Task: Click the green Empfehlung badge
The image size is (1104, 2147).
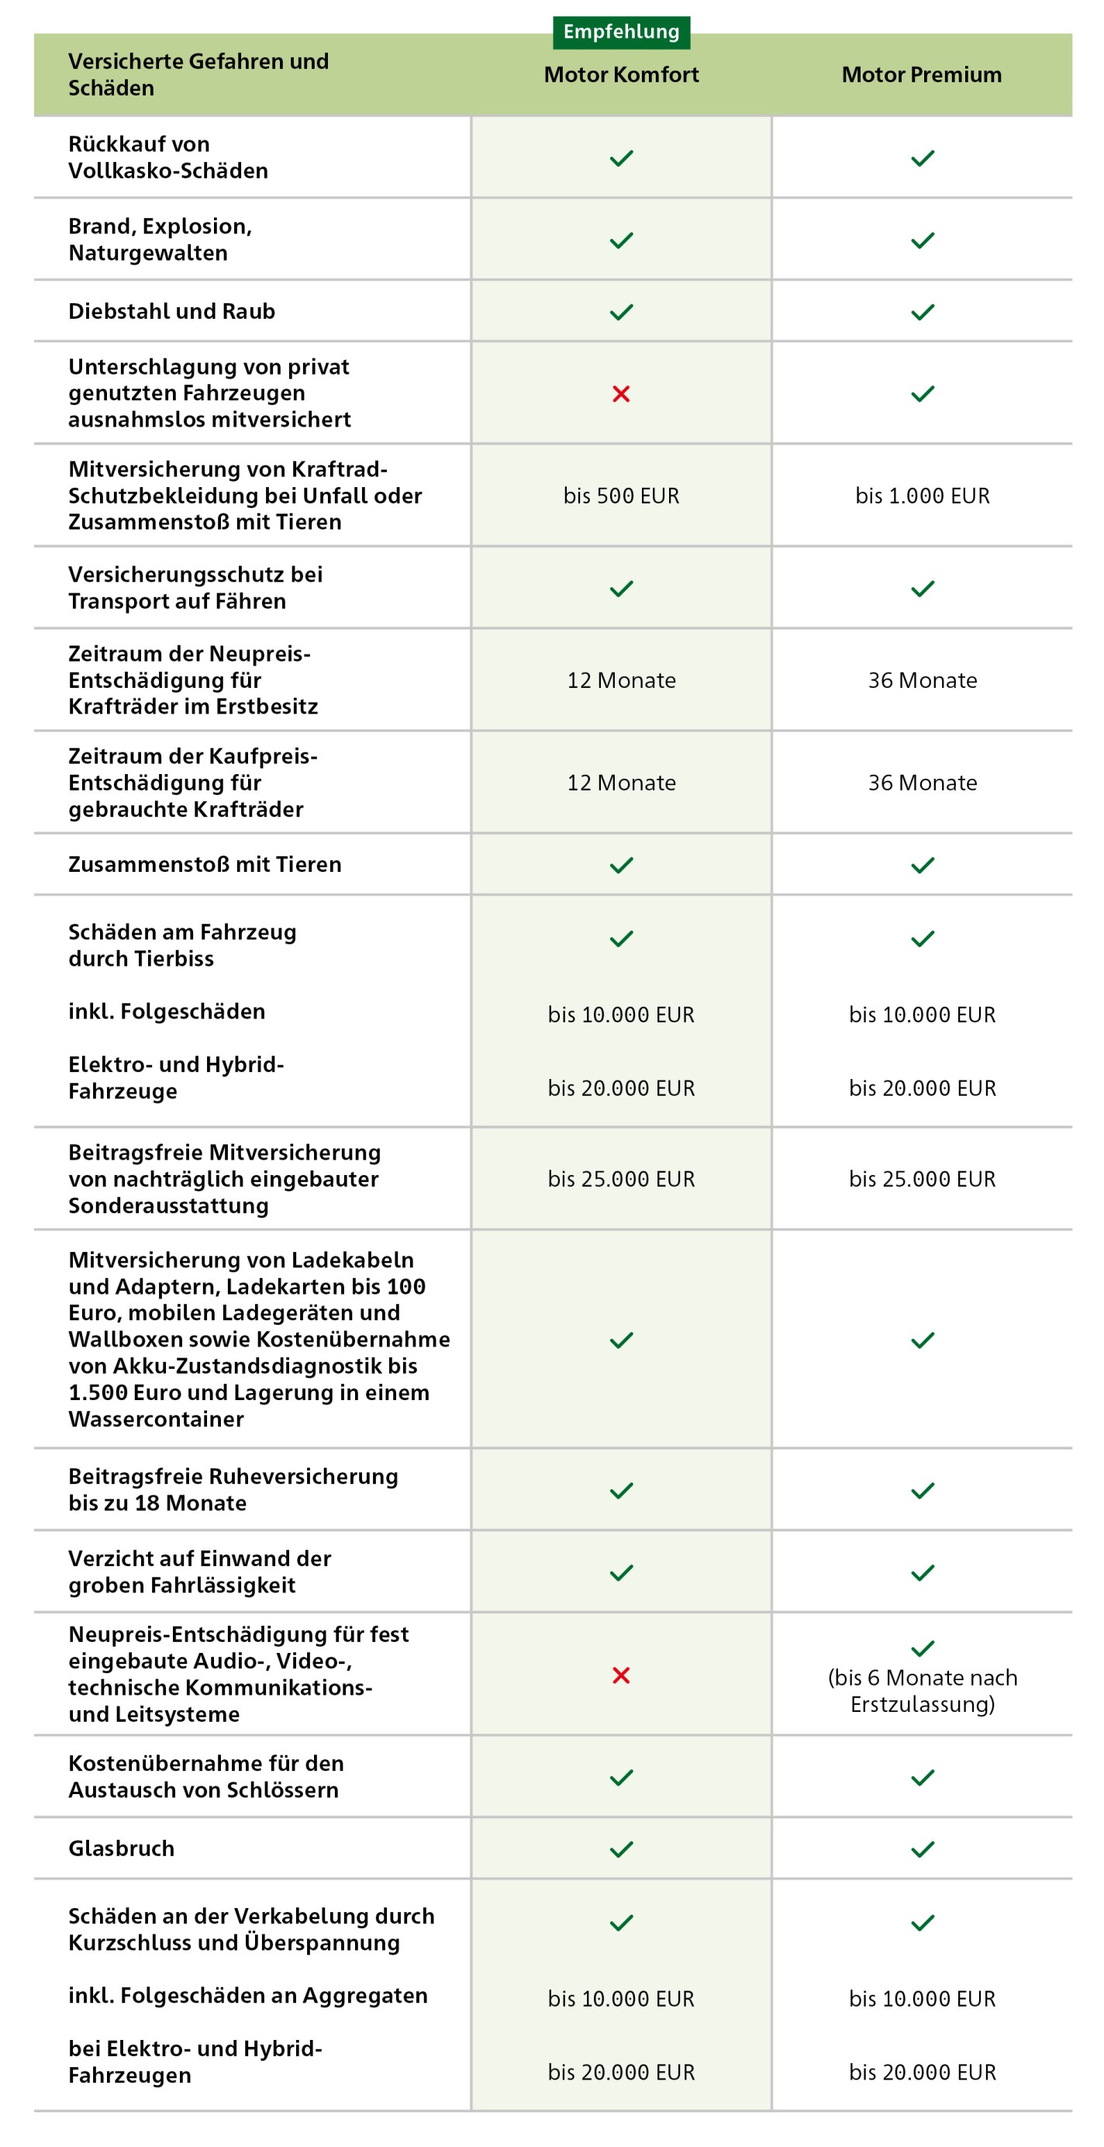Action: pyautogui.click(x=621, y=32)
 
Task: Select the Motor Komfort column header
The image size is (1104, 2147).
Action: pyautogui.click(x=621, y=75)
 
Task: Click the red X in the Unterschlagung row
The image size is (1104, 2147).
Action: pyautogui.click(x=621, y=393)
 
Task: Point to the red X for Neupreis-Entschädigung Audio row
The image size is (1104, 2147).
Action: pyautogui.click(x=621, y=1675)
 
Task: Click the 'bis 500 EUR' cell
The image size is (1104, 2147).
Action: pyautogui.click(x=621, y=496)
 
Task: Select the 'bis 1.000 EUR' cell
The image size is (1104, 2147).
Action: pyautogui.click(x=922, y=496)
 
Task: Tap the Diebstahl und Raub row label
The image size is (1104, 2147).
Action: pyautogui.click(x=171, y=311)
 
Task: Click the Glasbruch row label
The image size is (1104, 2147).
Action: pyautogui.click(x=122, y=1848)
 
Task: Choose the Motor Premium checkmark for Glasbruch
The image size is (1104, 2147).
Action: pyautogui.click(x=922, y=1849)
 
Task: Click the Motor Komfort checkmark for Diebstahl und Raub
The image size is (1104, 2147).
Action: pyautogui.click(x=621, y=312)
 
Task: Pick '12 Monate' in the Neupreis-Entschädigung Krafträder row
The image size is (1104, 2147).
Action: pyautogui.click(x=621, y=680)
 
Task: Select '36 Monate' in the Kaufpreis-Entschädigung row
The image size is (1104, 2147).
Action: pyautogui.click(x=922, y=783)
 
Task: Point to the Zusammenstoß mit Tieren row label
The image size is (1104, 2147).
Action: pyautogui.click(x=205, y=864)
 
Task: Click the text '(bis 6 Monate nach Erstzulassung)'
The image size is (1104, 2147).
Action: pyautogui.click(x=922, y=1690)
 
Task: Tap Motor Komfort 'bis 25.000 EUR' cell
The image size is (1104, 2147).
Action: pyautogui.click(x=621, y=1178)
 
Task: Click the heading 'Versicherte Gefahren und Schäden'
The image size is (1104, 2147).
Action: pyautogui.click(x=198, y=74)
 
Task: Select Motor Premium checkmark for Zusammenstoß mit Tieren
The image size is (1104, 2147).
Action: pyautogui.click(x=922, y=865)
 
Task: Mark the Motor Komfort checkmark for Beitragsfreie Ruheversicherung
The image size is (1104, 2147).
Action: pyautogui.click(x=621, y=1490)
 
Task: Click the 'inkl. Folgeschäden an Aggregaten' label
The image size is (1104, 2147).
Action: pyautogui.click(x=247, y=1995)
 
